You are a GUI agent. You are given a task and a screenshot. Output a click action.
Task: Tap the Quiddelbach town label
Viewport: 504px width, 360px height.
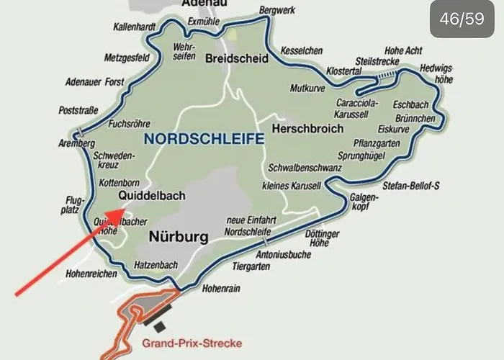click(x=152, y=195)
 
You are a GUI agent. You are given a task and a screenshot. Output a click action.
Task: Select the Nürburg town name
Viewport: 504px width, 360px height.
click(x=179, y=236)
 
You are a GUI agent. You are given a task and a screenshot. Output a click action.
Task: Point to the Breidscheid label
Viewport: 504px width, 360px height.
click(x=236, y=58)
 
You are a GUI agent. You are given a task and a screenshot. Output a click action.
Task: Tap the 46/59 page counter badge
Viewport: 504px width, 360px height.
click(x=462, y=19)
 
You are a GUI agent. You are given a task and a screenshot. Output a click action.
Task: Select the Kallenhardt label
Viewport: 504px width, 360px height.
click(x=135, y=27)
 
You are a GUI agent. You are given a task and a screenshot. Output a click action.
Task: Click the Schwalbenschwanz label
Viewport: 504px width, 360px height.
click(x=304, y=168)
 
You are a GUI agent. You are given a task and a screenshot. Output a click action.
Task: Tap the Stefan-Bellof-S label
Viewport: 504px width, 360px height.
click(x=411, y=185)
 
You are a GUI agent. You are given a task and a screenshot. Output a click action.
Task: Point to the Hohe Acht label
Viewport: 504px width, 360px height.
click(x=404, y=51)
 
